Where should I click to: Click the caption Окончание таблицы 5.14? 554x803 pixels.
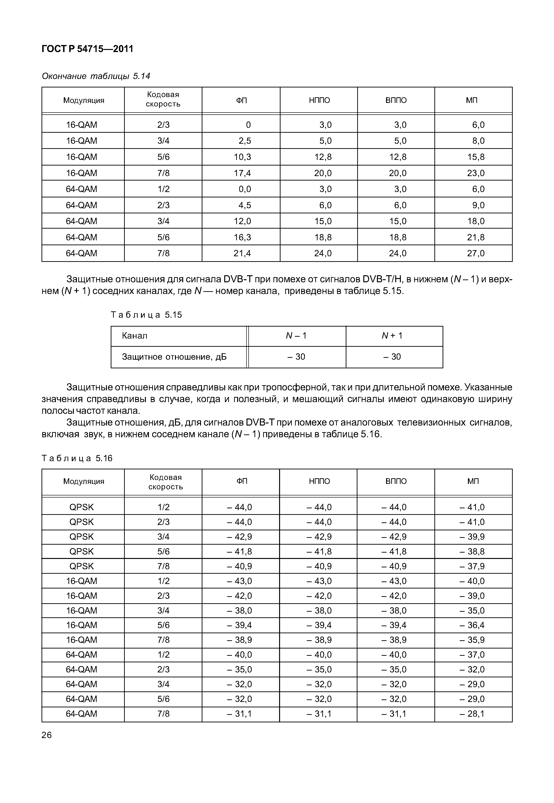pos(96,76)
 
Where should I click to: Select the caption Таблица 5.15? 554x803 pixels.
pos(146,315)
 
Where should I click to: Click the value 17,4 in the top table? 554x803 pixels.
pos(242,173)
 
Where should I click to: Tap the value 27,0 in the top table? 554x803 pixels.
pos(476,253)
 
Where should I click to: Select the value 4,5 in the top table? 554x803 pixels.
pos(244,205)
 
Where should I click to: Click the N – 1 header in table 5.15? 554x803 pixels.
pos(296,336)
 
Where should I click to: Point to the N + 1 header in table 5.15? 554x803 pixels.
pos(392,336)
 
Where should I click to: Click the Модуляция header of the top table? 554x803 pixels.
pos(84,100)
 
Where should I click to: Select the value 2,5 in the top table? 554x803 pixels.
pos(244,140)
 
